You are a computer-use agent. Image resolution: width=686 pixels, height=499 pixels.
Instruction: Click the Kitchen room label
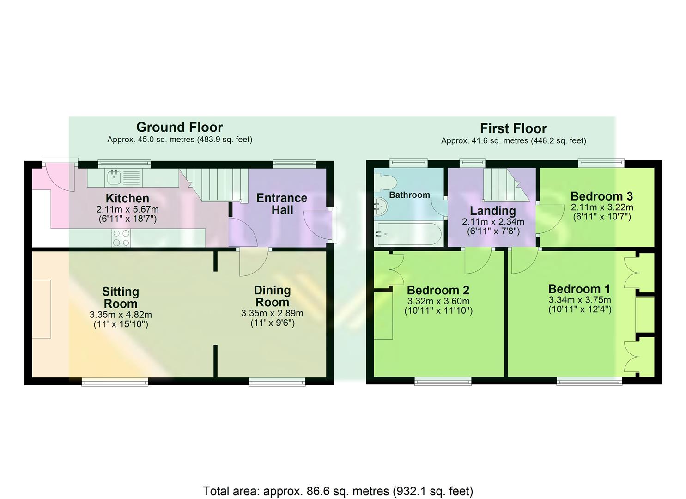tap(127, 199)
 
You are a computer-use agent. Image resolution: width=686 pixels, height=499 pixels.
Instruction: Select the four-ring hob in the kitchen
tap(121, 238)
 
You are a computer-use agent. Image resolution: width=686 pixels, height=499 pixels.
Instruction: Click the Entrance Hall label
tap(282, 204)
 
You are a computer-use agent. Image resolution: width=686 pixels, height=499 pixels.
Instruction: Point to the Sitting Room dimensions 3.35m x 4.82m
tap(121, 315)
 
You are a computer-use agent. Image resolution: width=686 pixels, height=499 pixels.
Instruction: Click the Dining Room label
tap(272, 296)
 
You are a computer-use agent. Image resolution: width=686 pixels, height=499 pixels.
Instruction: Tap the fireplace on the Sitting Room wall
tap(42, 309)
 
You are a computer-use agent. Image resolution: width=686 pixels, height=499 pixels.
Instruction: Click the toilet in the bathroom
tap(384, 182)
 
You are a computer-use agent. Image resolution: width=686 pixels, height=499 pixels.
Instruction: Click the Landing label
tap(493, 211)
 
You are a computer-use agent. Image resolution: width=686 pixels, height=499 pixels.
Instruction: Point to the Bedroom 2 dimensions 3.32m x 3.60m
tap(438, 301)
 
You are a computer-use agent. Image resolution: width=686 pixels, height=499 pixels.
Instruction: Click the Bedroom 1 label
tap(579, 289)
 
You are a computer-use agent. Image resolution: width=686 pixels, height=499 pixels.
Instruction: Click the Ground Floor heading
tap(179, 127)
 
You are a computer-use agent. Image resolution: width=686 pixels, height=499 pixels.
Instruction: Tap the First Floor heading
tap(513, 128)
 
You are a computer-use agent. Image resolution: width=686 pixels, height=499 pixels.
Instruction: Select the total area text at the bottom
tap(338, 491)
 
